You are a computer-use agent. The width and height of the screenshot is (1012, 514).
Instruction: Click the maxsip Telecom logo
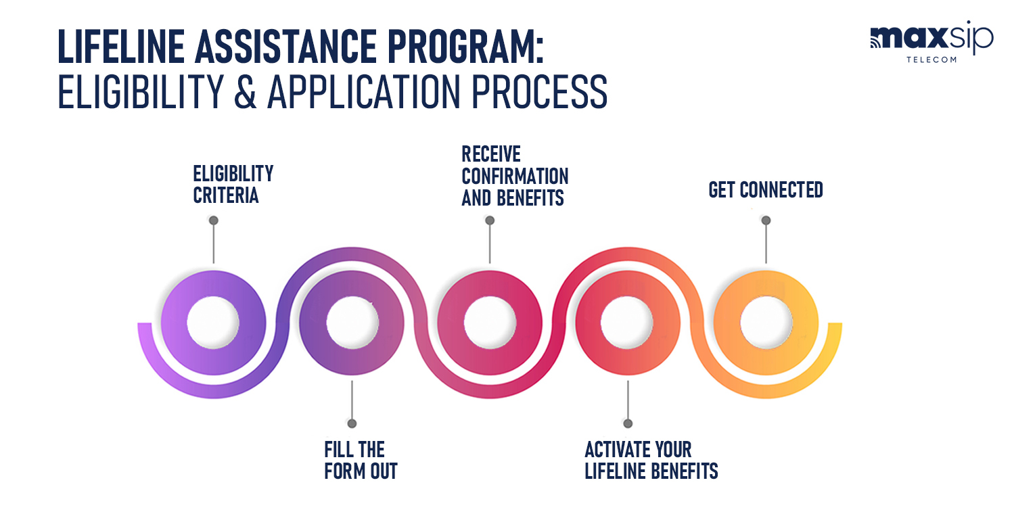click(x=931, y=41)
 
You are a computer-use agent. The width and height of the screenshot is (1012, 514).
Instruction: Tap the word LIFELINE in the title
click(x=122, y=47)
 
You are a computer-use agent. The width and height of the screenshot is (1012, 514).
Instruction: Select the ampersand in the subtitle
click(x=246, y=92)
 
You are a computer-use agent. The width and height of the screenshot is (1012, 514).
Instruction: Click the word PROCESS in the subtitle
click(x=539, y=92)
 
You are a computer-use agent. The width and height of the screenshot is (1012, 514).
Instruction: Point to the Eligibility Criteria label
click(x=233, y=185)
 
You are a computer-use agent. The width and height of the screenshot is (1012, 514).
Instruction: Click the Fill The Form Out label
click(x=361, y=461)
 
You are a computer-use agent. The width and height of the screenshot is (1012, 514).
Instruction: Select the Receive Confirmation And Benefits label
click(x=515, y=176)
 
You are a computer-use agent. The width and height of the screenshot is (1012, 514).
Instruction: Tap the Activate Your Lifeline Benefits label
click(x=651, y=461)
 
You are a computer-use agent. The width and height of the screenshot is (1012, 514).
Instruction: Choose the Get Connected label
click(x=766, y=189)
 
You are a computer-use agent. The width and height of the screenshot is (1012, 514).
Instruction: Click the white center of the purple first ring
click(x=213, y=323)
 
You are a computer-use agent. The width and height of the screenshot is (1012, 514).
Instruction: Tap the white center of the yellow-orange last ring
click(x=766, y=323)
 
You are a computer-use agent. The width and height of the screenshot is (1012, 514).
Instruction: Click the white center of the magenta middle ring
click(x=490, y=323)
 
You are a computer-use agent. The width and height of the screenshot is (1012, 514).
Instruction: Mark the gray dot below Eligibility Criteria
click(x=214, y=220)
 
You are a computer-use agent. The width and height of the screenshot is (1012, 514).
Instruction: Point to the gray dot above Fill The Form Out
click(x=352, y=423)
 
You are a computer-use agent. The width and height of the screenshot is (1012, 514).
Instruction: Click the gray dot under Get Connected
click(x=766, y=220)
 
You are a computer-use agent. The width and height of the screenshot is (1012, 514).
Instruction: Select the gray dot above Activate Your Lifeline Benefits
click(x=628, y=423)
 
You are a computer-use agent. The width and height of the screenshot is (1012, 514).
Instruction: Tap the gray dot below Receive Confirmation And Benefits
click(x=490, y=220)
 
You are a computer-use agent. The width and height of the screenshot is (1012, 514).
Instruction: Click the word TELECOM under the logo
click(x=931, y=60)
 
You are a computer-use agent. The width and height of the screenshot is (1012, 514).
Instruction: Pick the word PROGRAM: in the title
click(x=465, y=47)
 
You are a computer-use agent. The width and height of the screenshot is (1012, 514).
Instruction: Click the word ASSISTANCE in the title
click(x=286, y=47)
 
